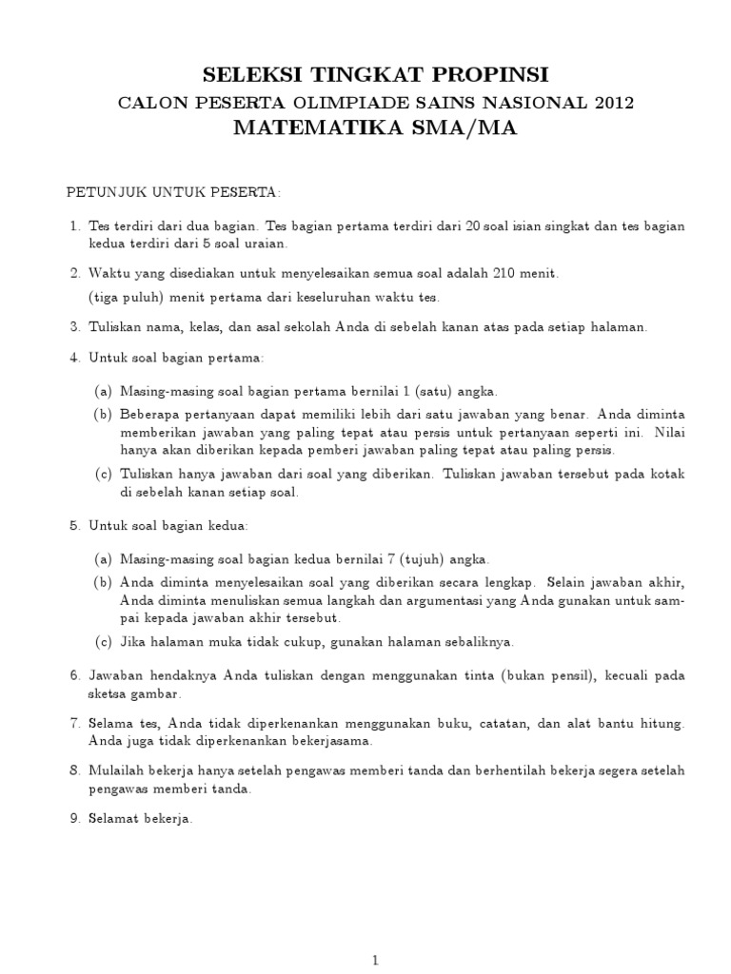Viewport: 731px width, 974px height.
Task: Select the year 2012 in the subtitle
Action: pyautogui.click(x=611, y=103)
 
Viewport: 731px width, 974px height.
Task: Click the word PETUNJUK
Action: pyautogui.click(x=105, y=193)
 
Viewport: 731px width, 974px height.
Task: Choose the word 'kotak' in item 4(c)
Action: pyautogui.click(x=668, y=474)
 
